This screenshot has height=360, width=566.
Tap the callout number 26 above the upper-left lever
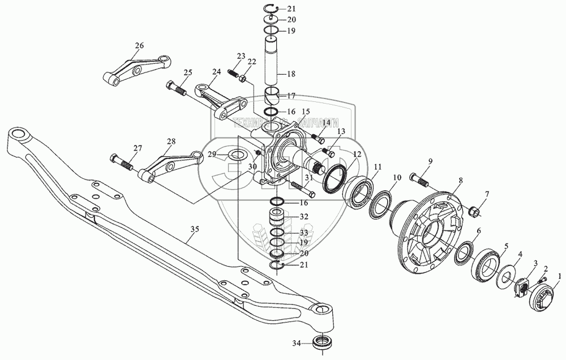point(139,45)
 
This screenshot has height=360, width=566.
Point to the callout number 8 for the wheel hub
point(461,181)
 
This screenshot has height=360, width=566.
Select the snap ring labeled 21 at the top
point(273,7)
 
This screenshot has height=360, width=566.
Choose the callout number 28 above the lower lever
point(171,141)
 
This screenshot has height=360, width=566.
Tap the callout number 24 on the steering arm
point(217,72)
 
